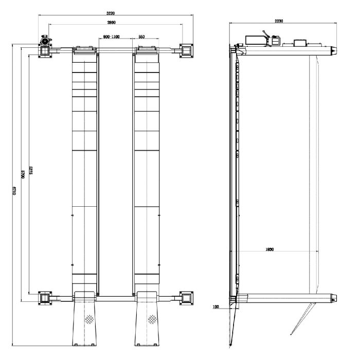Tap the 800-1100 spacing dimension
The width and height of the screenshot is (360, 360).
[111, 37]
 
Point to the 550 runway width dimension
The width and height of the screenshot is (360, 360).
[141, 37]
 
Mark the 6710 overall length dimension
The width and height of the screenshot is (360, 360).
[14, 190]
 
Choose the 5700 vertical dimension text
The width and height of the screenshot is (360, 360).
[23, 173]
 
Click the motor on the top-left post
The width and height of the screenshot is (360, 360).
[45, 43]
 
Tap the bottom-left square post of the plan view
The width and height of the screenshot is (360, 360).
[45, 298]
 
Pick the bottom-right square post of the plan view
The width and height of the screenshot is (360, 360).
[186, 298]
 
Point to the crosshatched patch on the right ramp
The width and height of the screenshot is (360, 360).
[152, 319]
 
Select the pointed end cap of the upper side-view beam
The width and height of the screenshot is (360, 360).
[333, 50]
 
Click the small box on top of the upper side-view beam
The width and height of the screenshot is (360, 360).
[299, 43]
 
